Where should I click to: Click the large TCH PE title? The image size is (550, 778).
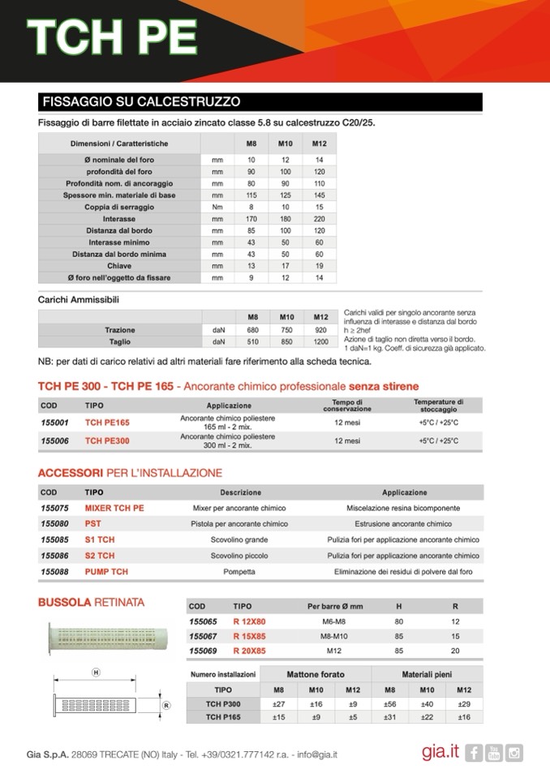tap(112, 37)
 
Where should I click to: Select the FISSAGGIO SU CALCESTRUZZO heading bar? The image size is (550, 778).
tap(260, 102)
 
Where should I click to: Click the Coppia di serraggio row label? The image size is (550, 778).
tap(119, 207)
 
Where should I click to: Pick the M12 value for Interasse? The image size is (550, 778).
tap(320, 219)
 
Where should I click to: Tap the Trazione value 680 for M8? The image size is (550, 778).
tap(252, 330)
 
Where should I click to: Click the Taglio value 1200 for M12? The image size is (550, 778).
tap(320, 342)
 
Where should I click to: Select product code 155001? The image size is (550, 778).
tap(54, 423)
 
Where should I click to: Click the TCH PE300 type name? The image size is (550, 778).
tap(107, 441)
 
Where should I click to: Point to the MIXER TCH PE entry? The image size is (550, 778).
tap(114, 508)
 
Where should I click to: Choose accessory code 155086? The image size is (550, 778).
tap(54, 556)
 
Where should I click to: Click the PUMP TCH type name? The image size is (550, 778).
tap(106, 572)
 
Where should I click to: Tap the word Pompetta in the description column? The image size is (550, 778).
tap(239, 572)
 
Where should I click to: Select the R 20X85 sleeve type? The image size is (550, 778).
tap(249, 651)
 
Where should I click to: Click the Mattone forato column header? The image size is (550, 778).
tap(316, 674)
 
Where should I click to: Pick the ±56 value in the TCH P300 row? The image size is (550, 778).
tap(390, 704)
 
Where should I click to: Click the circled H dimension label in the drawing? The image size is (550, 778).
tap(96, 673)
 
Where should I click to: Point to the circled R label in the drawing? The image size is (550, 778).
tap(166, 706)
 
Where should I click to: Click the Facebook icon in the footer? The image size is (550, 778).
tap(474, 753)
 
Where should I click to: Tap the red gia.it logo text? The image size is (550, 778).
tap(440, 752)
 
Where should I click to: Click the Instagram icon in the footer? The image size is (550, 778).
tap(513, 753)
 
